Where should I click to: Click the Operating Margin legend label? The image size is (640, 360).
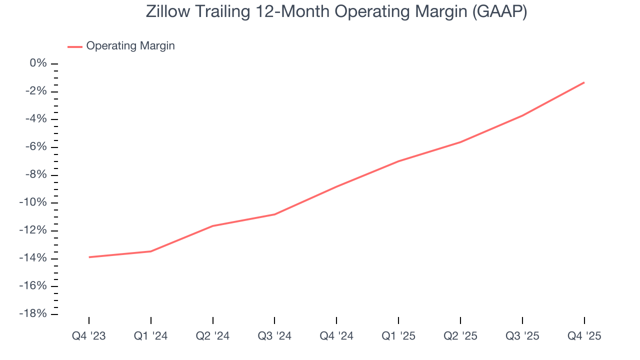pos(130,46)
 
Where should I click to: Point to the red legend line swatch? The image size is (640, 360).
pos(75,46)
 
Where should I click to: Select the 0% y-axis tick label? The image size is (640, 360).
pos(38,63)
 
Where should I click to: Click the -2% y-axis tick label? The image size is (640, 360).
pos(36,91)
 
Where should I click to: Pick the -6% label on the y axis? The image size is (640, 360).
pos(36,147)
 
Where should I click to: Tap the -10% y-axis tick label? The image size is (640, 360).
pos(34,202)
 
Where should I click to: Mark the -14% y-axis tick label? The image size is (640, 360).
pos(34,258)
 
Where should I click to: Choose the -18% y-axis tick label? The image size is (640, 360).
pos(34,314)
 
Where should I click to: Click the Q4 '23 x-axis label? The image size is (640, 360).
pos(89,336)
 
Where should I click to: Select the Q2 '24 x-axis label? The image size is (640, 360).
pos(213,336)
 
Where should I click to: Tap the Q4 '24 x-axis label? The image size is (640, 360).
pos(336,336)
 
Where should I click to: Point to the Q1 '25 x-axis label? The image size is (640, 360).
pos(398,336)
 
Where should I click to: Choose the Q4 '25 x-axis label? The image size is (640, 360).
pos(584,336)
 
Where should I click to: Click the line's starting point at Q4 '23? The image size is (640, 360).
pos(89,257)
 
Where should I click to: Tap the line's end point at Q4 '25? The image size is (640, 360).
pos(584,82)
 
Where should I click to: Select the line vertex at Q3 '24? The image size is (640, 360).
pos(274,214)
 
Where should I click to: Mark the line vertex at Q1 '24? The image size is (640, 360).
pos(151,251)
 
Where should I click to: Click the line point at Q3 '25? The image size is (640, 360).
pos(522,115)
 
